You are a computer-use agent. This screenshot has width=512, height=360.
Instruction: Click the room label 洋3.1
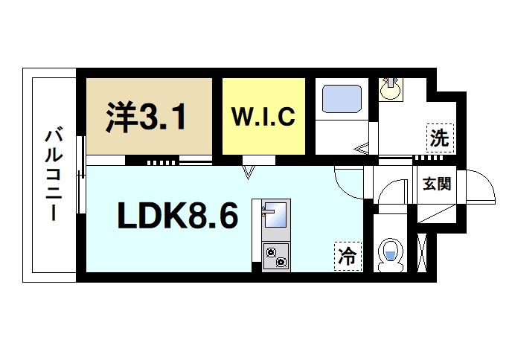click(146, 117)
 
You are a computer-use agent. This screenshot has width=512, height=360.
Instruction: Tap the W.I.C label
click(264, 117)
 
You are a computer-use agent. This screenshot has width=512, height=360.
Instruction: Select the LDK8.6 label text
click(176, 217)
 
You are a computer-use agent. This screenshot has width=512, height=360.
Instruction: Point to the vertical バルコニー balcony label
click(53, 176)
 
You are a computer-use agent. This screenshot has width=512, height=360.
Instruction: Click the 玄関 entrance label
click(437, 184)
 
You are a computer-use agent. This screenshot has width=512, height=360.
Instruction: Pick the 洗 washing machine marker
click(439, 138)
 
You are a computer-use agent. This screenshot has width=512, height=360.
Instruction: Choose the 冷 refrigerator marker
click(348, 257)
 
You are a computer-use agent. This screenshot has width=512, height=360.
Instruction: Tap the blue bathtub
click(341, 98)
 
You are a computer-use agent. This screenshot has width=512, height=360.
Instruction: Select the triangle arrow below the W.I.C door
click(249, 173)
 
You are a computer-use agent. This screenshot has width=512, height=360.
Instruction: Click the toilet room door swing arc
click(390, 193)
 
